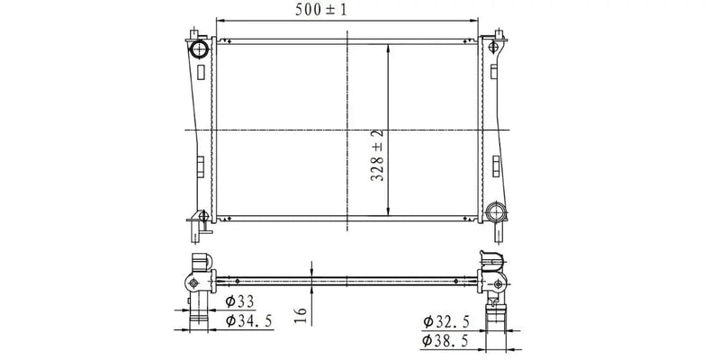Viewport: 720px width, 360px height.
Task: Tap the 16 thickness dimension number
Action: pos(301,314)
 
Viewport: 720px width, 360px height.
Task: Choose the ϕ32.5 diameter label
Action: pos(445,321)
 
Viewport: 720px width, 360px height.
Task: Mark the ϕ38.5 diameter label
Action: pos(445,341)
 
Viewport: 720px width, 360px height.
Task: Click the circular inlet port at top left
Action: pos(199,47)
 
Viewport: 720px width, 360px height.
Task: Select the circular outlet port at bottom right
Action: pos(495,212)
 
